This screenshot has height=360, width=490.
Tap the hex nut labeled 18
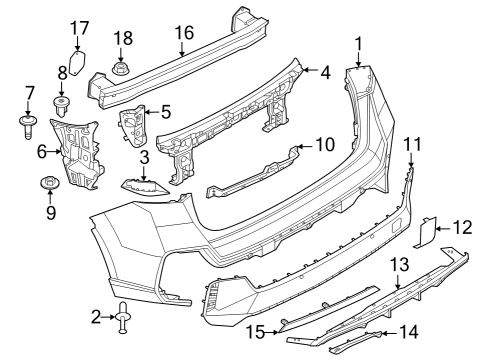click(121, 69)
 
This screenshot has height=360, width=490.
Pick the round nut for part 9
click(48, 184)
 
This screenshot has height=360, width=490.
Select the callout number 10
click(325, 144)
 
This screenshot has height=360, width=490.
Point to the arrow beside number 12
click(445, 229)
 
